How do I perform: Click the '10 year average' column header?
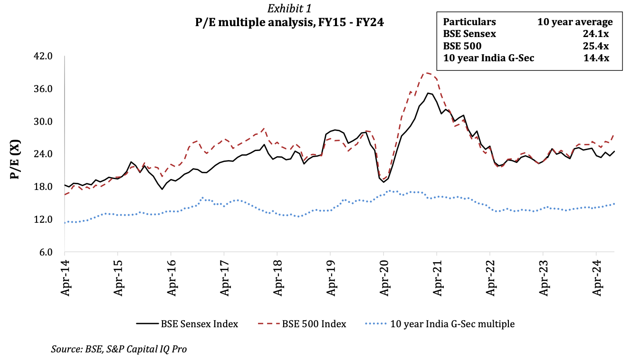point(575,22)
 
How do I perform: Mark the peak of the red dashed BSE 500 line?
point(426,73)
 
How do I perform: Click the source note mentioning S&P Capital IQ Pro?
point(119,349)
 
